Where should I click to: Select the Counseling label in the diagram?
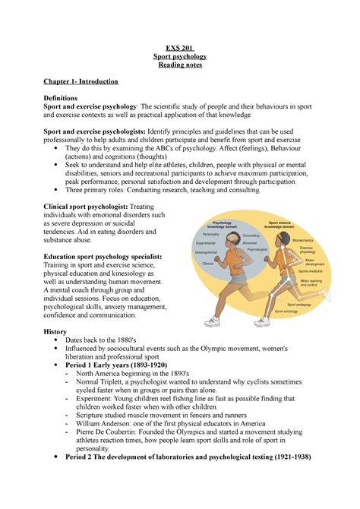point(250,236)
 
